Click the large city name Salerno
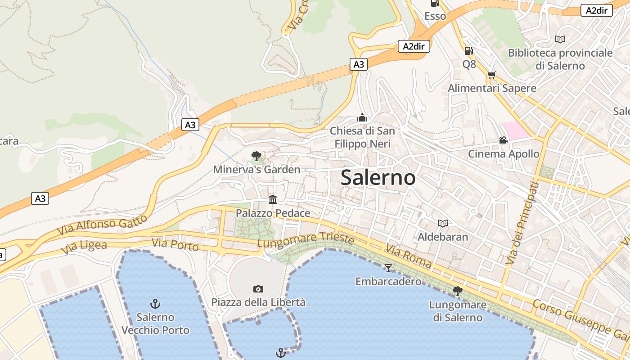point(378,177)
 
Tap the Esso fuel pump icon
point(435,3)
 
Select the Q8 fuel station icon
point(468,51)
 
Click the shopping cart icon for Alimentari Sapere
point(491,75)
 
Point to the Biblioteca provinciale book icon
point(560,39)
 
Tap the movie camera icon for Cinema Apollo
point(503,140)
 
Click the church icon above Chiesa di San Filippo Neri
point(362,118)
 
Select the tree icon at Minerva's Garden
point(256,156)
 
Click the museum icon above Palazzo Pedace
point(273,199)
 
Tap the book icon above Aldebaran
point(443,223)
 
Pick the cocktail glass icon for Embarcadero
point(388,268)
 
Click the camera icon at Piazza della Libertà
point(258,289)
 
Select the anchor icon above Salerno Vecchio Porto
point(155,304)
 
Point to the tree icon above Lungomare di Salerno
point(458,291)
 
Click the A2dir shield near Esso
point(414,46)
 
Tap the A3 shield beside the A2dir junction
point(359,64)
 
